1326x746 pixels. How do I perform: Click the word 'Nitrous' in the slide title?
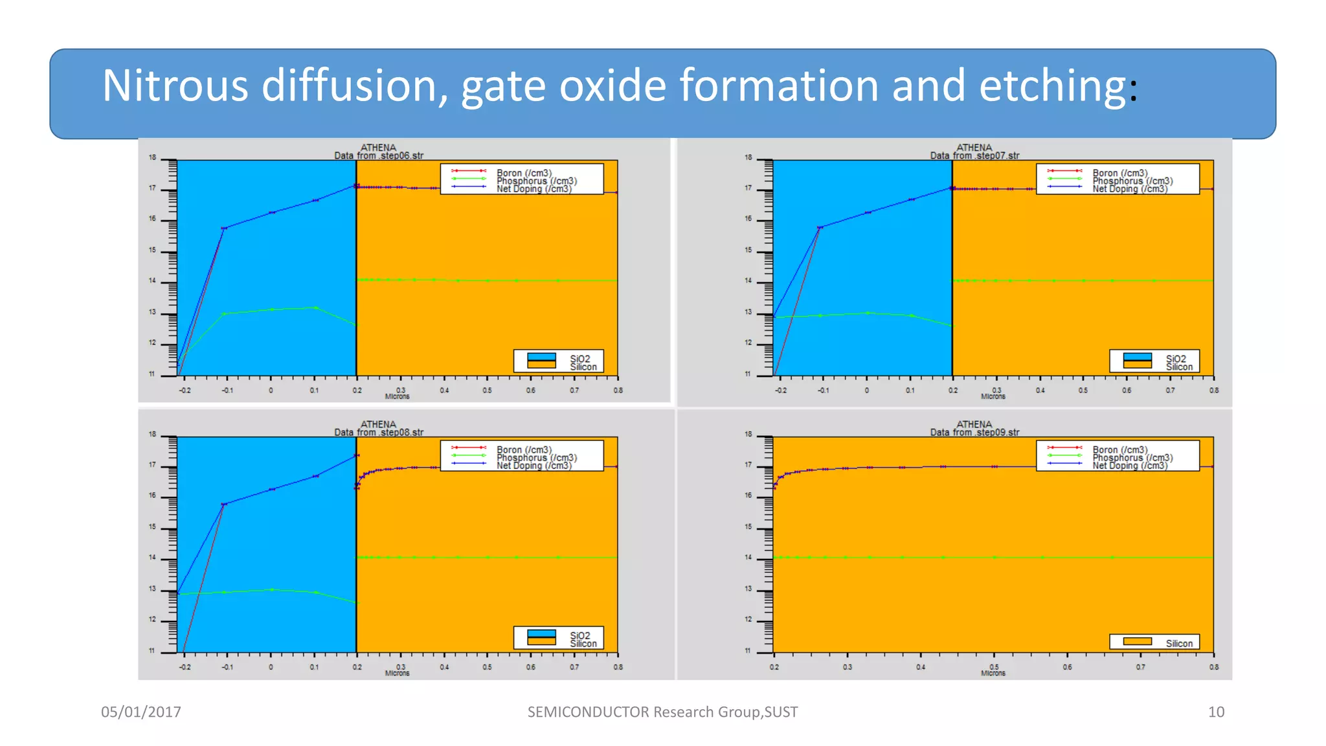pyautogui.click(x=175, y=86)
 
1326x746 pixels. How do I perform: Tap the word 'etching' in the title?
pyautogui.click(x=1052, y=86)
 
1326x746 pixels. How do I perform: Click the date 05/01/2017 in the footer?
pyautogui.click(x=141, y=712)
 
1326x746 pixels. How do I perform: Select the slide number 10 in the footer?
pyautogui.click(x=1216, y=712)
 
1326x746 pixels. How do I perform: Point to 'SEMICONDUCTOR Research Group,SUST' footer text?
pyautogui.click(x=662, y=712)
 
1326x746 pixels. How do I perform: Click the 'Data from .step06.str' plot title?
pyautogui.click(x=379, y=155)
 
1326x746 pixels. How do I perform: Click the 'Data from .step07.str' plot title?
pyautogui.click(x=974, y=155)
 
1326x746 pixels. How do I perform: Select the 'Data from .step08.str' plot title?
pyautogui.click(x=379, y=433)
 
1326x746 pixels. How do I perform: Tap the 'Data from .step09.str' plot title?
pyautogui.click(x=974, y=433)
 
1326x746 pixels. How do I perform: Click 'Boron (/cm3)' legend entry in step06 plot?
pyautogui.click(x=524, y=173)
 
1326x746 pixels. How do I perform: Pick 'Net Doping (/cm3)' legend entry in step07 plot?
pyautogui.click(x=1130, y=189)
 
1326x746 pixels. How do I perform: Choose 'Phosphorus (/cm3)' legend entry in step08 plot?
pyautogui.click(x=537, y=458)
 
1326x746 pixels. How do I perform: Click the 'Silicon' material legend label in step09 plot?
pyautogui.click(x=1179, y=644)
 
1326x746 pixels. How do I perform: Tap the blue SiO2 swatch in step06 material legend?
pyautogui.click(x=541, y=357)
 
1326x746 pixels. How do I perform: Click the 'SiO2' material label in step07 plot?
pyautogui.click(x=1176, y=359)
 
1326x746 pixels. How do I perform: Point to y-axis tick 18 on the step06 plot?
pyautogui.click(x=153, y=157)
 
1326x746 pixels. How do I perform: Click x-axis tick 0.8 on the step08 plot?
pyautogui.click(x=618, y=667)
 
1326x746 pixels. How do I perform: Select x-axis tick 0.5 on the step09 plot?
pyautogui.click(x=994, y=667)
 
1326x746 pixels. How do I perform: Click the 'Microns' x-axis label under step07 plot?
pyautogui.click(x=993, y=396)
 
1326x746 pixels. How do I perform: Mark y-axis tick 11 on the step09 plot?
pyautogui.click(x=748, y=651)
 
